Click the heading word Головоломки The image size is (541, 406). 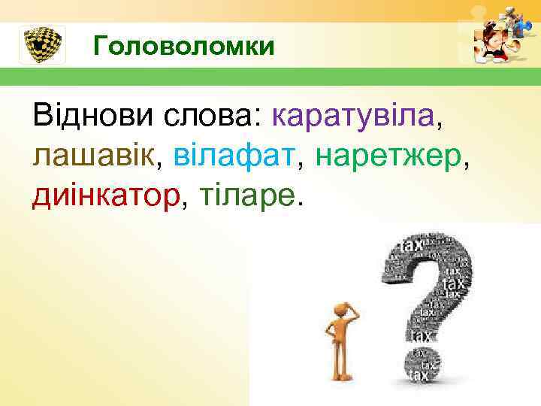[x=184, y=47]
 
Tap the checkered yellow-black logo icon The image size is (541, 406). [x=41, y=45]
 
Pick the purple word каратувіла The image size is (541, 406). [x=352, y=117]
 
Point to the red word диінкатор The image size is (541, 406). [x=105, y=195]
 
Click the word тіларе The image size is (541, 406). [x=249, y=195]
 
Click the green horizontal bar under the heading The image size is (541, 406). [x=270, y=77]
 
